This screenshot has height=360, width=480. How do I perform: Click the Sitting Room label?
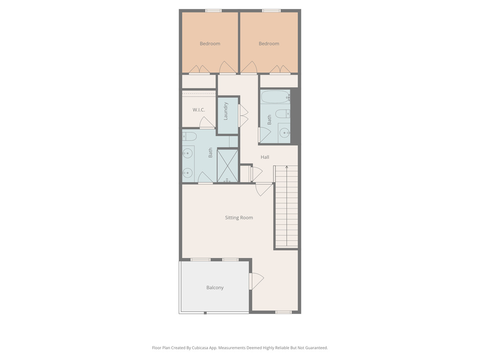pos(239,217)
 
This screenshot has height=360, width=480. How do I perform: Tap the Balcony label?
pos(215,287)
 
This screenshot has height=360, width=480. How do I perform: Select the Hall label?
pos(265,157)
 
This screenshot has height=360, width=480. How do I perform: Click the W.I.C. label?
pos(199,110)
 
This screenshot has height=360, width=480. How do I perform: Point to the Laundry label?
pos(225,111)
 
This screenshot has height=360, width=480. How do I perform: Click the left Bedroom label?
pos(210,44)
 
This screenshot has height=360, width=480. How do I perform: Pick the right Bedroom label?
pos(269,44)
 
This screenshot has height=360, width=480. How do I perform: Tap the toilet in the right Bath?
pos(283,114)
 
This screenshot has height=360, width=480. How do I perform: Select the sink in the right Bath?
pos(285,133)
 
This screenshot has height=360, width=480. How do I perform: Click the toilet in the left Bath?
pos(189,136)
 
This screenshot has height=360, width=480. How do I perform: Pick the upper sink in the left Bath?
pos(187,153)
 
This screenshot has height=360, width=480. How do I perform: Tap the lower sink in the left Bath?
pos(187,173)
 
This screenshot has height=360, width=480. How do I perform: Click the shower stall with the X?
pos(227,165)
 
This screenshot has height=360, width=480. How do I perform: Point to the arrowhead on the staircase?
pos(286,167)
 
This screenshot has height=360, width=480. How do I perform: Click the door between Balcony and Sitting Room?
pos(256,281)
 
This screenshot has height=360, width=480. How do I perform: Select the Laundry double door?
pos(243,116)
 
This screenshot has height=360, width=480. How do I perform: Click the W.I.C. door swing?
pos(207,122)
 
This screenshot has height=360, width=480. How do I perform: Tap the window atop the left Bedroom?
pos(213,11)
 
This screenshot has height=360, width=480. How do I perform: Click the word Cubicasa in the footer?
pos(201,348)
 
